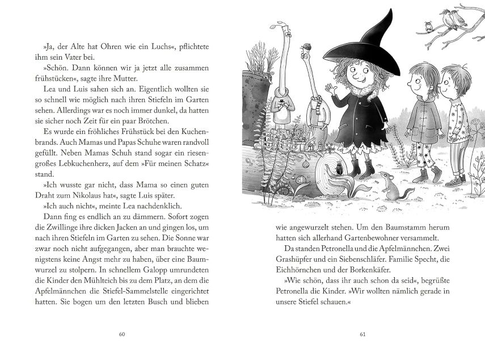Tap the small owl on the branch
pos(429,25)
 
